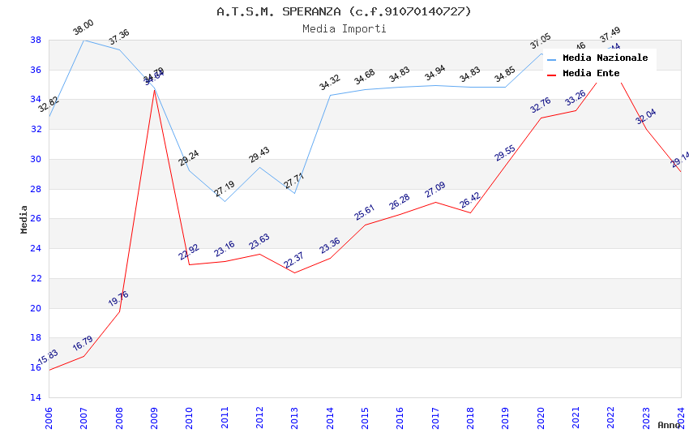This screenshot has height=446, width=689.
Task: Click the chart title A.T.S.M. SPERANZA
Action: click(x=344, y=11)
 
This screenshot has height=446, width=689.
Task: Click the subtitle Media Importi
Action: click(x=344, y=28)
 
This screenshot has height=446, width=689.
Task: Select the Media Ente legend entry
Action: click(x=591, y=73)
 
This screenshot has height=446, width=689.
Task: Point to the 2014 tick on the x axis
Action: click(x=330, y=418)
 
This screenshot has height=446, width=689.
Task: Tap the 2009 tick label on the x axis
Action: click(x=155, y=418)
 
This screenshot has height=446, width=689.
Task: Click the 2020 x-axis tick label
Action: click(x=541, y=418)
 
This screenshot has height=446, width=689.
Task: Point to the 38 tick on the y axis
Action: click(x=36, y=40)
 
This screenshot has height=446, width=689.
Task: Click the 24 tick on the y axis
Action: click(x=36, y=249)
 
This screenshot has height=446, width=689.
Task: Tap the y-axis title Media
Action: click(x=24, y=219)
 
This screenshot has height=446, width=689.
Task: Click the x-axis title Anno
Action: click(x=669, y=425)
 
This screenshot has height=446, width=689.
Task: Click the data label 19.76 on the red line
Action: click(x=118, y=298)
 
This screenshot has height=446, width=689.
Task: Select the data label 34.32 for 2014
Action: click(x=329, y=83)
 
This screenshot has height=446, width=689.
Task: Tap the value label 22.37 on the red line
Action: click(x=293, y=260)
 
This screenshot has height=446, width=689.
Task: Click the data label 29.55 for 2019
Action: click(x=505, y=153)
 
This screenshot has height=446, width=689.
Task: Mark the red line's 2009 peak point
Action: click(x=154, y=90)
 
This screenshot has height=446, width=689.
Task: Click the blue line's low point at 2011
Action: click(x=225, y=201)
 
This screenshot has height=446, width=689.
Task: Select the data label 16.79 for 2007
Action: click(x=83, y=344)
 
